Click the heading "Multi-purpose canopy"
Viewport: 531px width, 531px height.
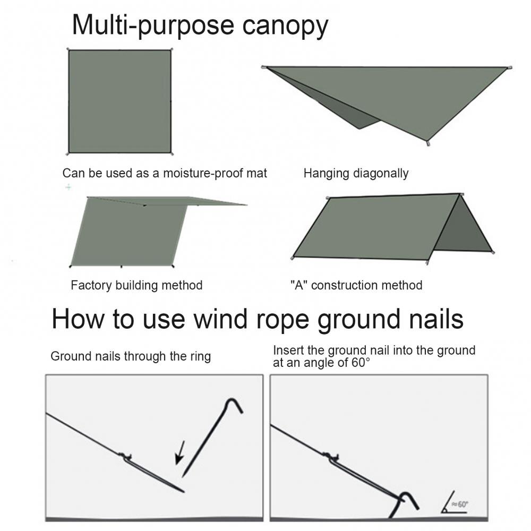pyautogui.click(x=200, y=25)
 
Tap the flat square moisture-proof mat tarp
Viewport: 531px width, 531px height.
pyautogui.click(x=119, y=101)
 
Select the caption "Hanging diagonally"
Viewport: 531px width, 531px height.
pyautogui.click(x=356, y=173)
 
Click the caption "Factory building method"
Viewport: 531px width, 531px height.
pyautogui.click(x=136, y=285)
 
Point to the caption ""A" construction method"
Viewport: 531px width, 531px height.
pyautogui.click(x=356, y=285)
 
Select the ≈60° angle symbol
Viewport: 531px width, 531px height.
pyautogui.click(x=456, y=505)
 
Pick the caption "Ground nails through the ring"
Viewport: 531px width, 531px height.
pyautogui.click(x=131, y=356)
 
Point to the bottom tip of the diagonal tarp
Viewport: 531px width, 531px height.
pyautogui.click(x=427, y=142)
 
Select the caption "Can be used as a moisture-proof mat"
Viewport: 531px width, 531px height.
pyautogui.click(x=165, y=173)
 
